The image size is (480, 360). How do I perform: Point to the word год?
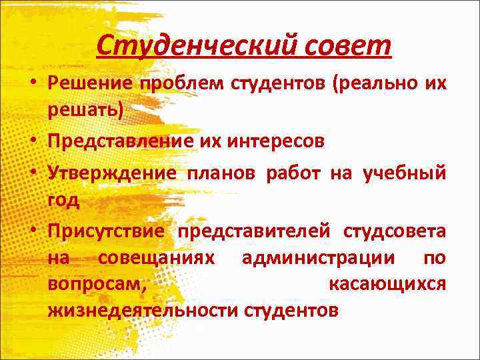click(x=63, y=198)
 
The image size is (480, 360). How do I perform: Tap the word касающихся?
click(x=387, y=284)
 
